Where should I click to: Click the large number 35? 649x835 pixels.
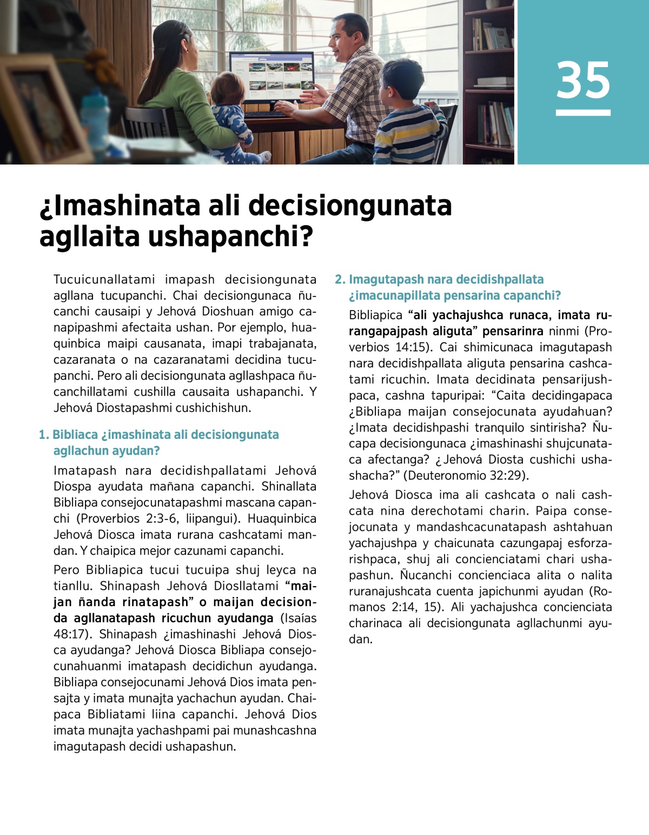pos(583,80)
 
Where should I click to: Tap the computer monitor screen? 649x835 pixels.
pos(271,76)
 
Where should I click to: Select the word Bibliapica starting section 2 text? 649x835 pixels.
pos(375,315)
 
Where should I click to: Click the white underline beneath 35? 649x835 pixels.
pos(583,113)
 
